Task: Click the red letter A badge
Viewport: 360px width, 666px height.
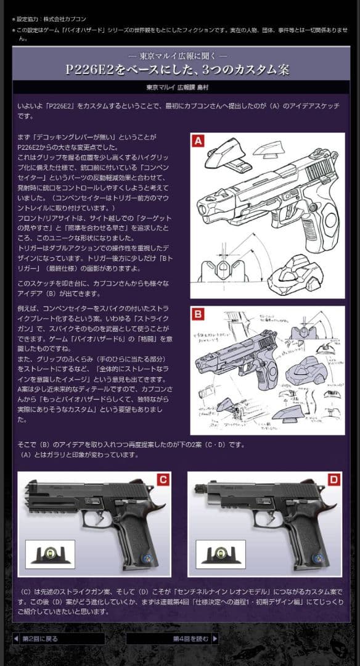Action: point(198,141)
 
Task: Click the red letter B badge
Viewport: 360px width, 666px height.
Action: point(198,314)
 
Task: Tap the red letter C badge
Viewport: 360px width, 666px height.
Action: point(163,479)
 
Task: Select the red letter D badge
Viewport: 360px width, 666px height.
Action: point(334,479)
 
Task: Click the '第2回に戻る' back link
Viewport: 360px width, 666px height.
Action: point(39,638)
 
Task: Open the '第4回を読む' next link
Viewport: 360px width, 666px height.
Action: point(192,638)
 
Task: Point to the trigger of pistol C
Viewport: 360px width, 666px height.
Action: point(99,521)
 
